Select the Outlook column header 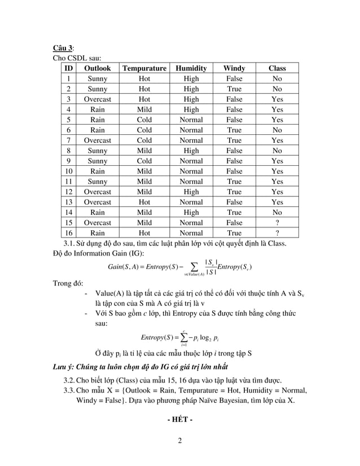[98, 68]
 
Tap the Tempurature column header [144, 68]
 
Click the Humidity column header [191, 68]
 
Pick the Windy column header [234, 68]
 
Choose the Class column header [277, 68]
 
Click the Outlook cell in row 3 [98, 99]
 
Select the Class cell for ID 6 [277, 130]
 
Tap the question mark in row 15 [277, 222]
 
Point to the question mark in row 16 [277, 232]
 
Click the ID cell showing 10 [68, 171]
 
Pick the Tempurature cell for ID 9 [144, 161]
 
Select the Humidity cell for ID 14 [191, 212]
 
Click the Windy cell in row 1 [234, 79]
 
